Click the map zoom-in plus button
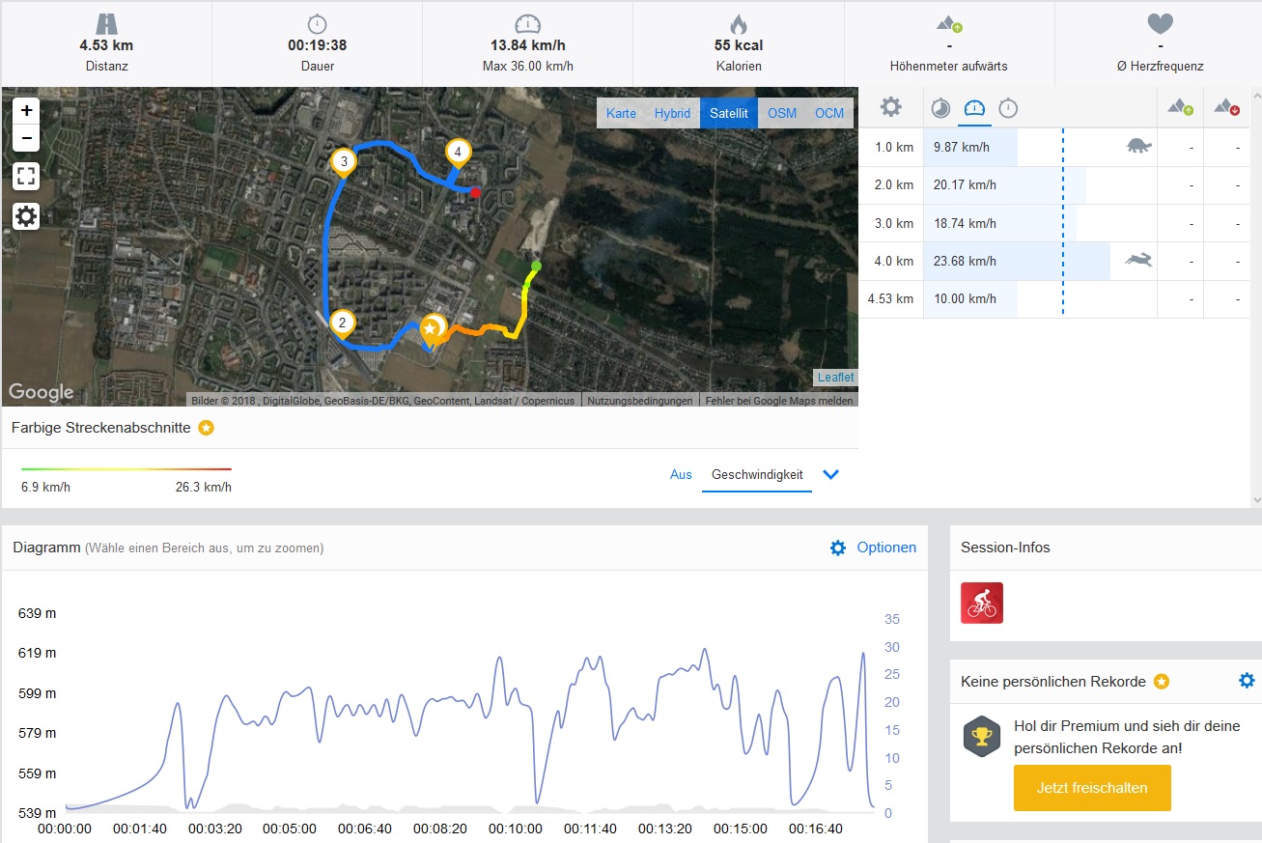pyautogui.click(x=26, y=110)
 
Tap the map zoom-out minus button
pyautogui.click(x=26, y=138)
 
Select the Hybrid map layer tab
pyautogui.click(x=672, y=113)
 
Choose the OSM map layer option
pyautogui.click(x=782, y=113)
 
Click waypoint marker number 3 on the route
pyautogui.click(x=343, y=160)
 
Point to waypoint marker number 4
pyautogui.click(x=458, y=152)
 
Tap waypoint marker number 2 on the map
pyautogui.click(x=341, y=323)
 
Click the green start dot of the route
pyautogui.click(x=536, y=266)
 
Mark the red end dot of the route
pyautogui.click(x=475, y=193)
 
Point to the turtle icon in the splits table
pyautogui.click(x=1139, y=147)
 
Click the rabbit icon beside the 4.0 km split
pyautogui.click(x=1138, y=260)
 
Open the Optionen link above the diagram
pyautogui.click(x=885, y=548)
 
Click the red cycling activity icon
pyautogui.click(x=982, y=603)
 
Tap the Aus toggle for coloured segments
pyautogui.click(x=681, y=474)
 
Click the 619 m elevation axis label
pyautogui.click(x=38, y=653)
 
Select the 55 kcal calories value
pyautogui.click(x=739, y=45)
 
